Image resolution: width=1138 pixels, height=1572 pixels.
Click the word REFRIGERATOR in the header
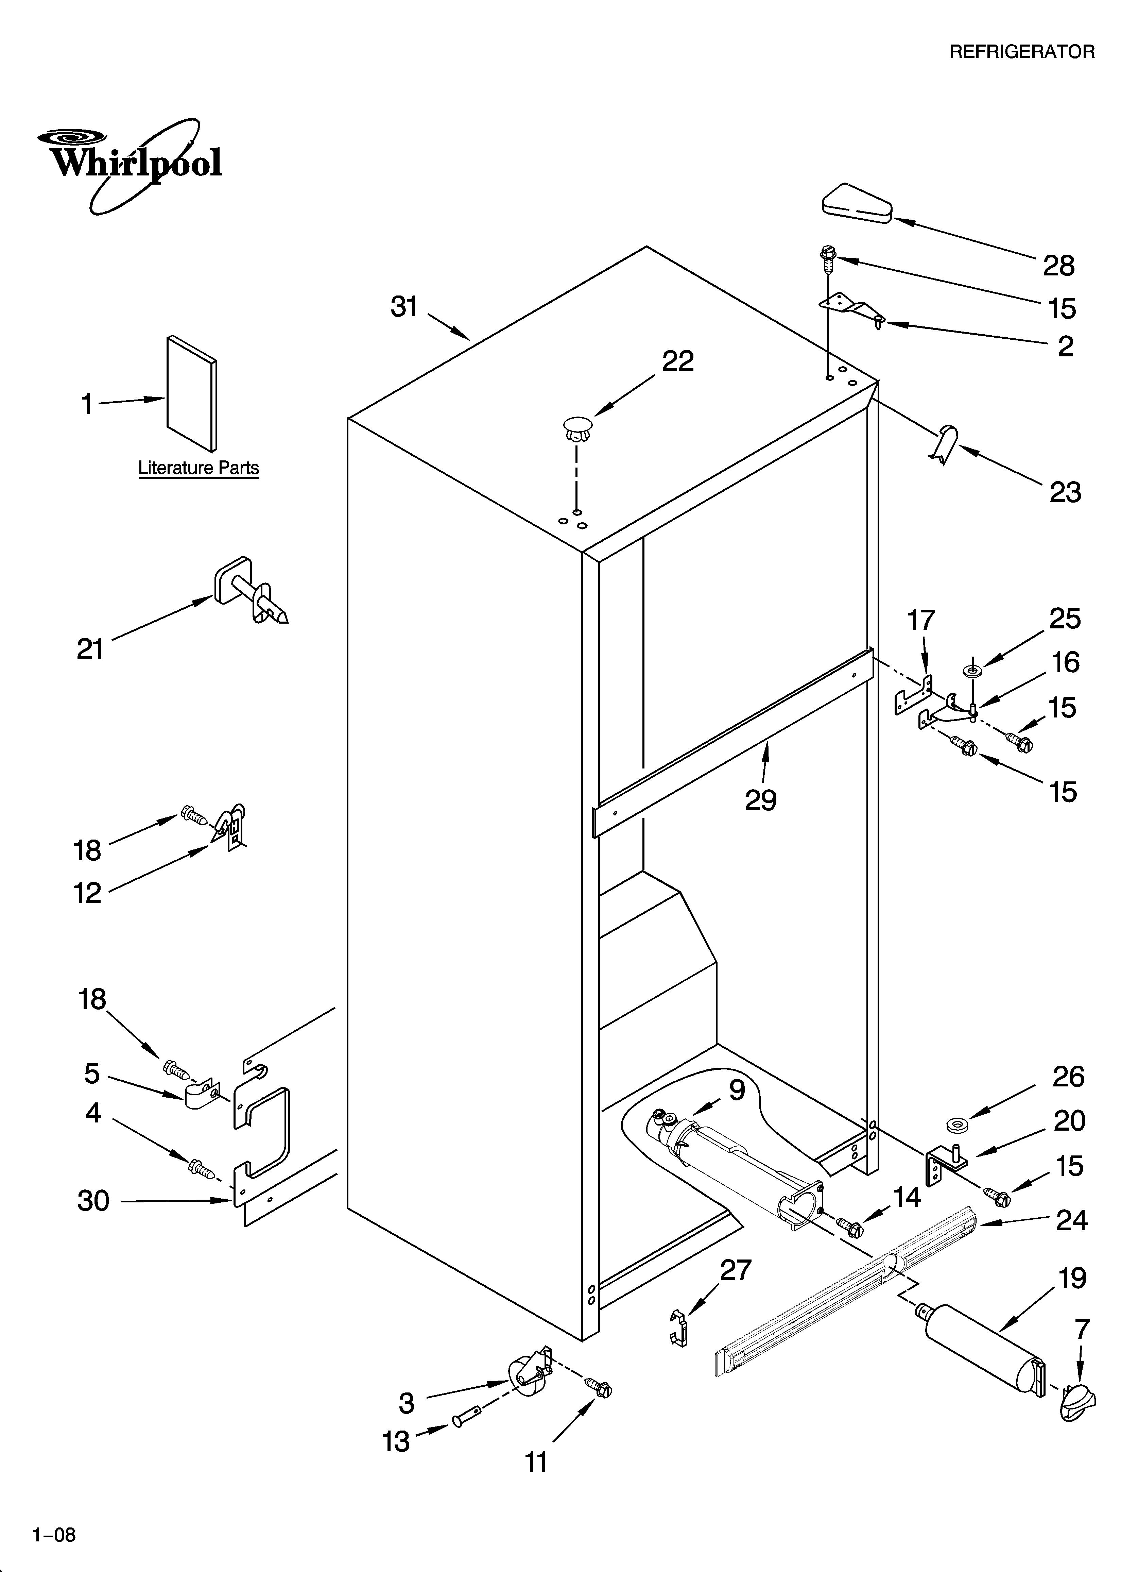[x=1021, y=52]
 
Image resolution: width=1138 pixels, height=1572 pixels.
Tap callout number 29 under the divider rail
[x=760, y=800]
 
